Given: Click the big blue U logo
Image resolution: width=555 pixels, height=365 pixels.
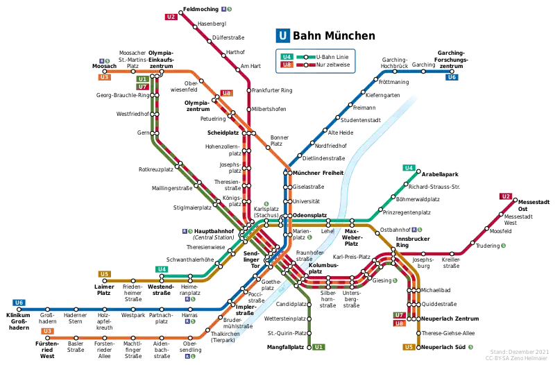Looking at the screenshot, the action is click(282, 36).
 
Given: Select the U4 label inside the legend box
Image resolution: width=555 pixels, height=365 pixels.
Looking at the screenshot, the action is click(286, 57).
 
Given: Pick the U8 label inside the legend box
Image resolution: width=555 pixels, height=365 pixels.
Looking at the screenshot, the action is click(286, 65).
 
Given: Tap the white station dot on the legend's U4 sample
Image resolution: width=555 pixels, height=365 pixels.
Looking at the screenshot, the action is click(305, 57).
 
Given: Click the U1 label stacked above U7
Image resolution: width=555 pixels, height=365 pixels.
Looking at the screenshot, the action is click(142, 80).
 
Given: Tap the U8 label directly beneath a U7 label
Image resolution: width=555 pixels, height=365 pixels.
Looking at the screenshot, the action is click(399, 323).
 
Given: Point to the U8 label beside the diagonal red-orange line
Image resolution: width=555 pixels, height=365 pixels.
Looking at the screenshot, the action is click(226, 93).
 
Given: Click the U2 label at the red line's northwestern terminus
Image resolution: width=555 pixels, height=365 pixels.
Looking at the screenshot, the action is click(171, 16).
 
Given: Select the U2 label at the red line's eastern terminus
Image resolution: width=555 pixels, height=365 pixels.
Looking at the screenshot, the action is click(506, 196).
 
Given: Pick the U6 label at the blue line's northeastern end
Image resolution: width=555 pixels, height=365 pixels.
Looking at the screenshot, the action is click(452, 77).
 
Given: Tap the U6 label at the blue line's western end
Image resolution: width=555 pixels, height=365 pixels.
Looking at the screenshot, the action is click(19, 303).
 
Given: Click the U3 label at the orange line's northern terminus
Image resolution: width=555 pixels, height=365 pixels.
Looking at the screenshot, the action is click(104, 77).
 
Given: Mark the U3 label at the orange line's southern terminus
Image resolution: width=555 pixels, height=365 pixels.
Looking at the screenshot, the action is click(47, 331).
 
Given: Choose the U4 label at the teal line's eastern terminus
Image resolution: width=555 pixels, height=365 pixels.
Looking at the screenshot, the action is click(409, 168).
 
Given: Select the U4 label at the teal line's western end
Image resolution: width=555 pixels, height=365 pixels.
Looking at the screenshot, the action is click(162, 269).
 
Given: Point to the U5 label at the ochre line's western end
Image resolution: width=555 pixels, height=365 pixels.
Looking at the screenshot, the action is click(104, 274).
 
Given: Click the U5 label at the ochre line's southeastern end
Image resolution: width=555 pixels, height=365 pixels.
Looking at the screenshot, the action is click(409, 346).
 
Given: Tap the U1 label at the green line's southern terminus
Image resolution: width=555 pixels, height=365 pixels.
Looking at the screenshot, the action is click(318, 346).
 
